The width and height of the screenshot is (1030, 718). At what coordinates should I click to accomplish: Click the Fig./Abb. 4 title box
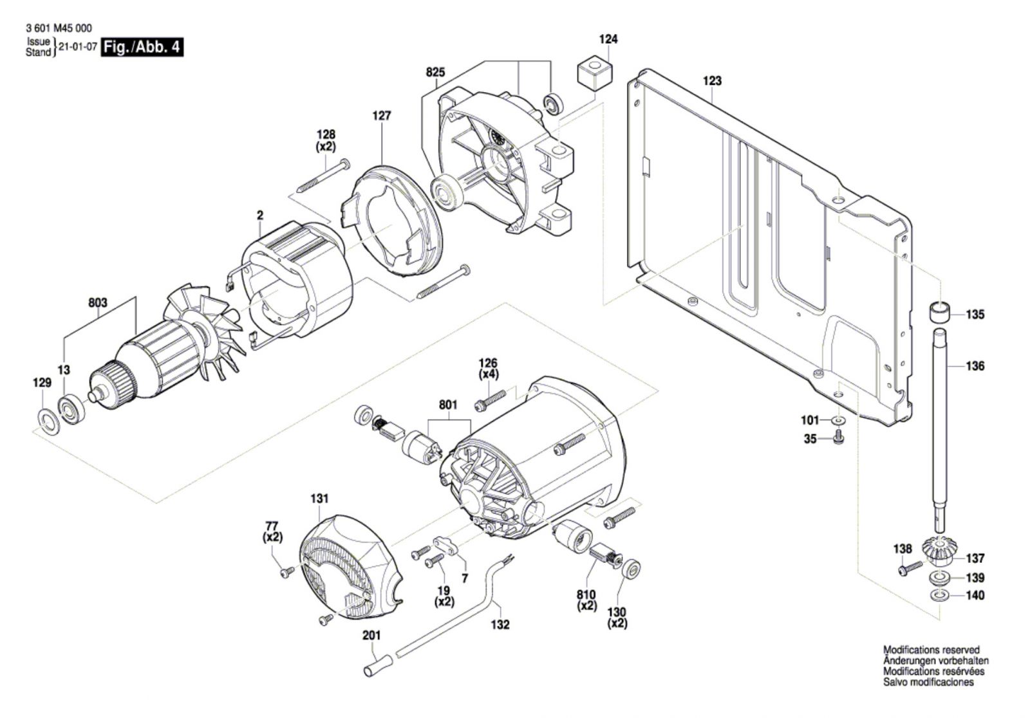click(142, 48)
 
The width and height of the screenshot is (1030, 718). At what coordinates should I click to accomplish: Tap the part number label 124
click(608, 39)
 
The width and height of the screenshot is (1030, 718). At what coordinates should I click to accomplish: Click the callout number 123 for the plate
click(712, 81)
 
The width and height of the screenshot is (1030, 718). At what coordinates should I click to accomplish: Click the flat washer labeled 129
click(48, 421)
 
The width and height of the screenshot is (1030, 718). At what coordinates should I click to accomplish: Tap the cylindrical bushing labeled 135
click(939, 313)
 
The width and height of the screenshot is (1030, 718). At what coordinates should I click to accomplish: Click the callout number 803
click(97, 302)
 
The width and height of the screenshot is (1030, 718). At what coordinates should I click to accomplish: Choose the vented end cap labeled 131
click(350, 566)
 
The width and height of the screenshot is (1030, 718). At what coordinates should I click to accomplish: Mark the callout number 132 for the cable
click(500, 625)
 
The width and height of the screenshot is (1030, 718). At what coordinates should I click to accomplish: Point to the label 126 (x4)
click(489, 368)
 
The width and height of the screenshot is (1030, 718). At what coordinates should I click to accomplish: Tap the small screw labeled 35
click(839, 437)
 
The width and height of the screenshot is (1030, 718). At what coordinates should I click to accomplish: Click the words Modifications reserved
click(931, 650)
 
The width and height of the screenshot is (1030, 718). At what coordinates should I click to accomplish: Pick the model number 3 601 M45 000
click(59, 28)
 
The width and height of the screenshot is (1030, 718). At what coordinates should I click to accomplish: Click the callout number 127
click(382, 116)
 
